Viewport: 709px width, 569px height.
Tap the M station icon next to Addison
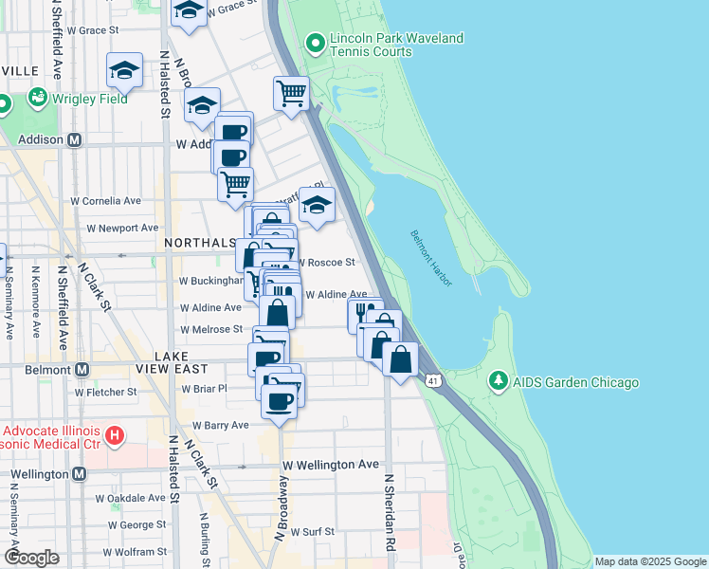[x=75, y=139]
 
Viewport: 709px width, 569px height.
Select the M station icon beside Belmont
[x=82, y=369]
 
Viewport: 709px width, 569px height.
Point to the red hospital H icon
[x=114, y=437]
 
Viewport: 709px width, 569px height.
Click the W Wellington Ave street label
[x=331, y=465]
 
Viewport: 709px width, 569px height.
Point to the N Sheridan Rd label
[x=389, y=512]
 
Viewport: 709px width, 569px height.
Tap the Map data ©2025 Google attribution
[x=649, y=561]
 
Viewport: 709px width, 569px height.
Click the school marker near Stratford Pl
[x=318, y=204]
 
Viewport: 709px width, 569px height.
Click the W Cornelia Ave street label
[x=106, y=201]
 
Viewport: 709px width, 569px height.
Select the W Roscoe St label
[x=327, y=262]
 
